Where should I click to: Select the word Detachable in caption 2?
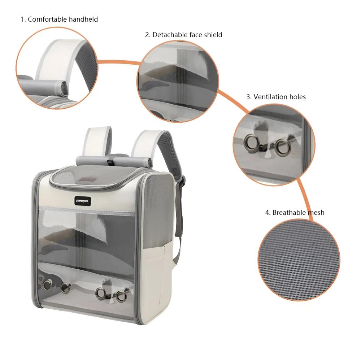(170, 35)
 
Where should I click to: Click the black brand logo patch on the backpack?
(83, 201)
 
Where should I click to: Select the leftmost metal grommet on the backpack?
(47, 285)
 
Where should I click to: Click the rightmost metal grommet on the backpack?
(121, 296)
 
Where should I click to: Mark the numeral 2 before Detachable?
(147, 35)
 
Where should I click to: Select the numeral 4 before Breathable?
(267, 213)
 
